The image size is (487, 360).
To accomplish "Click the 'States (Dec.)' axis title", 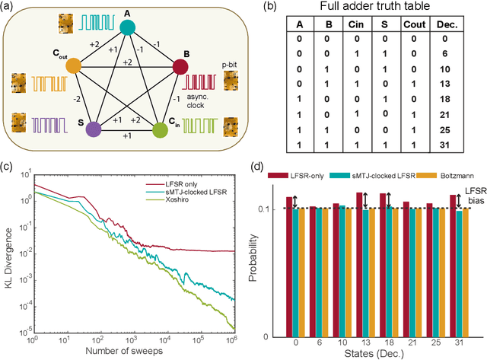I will (362, 355).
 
